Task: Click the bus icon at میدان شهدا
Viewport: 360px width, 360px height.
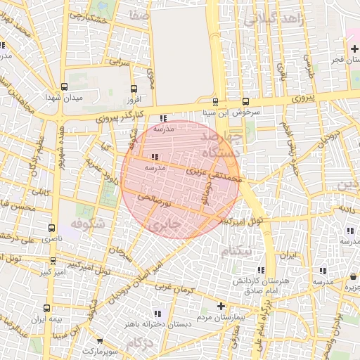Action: coord(65,87)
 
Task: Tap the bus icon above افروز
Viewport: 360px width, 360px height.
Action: coord(134,88)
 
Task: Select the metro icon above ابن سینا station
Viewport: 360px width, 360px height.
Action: coord(214,101)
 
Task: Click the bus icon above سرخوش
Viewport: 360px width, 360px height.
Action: coord(245,101)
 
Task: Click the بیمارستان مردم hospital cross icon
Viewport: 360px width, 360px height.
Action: coord(221,306)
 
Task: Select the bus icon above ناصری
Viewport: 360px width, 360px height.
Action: coord(51,229)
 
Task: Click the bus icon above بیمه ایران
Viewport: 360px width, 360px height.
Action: coord(47,308)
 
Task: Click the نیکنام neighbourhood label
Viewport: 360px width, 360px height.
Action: coord(236,250)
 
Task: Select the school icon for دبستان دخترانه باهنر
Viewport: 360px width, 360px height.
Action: coord(158,313)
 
